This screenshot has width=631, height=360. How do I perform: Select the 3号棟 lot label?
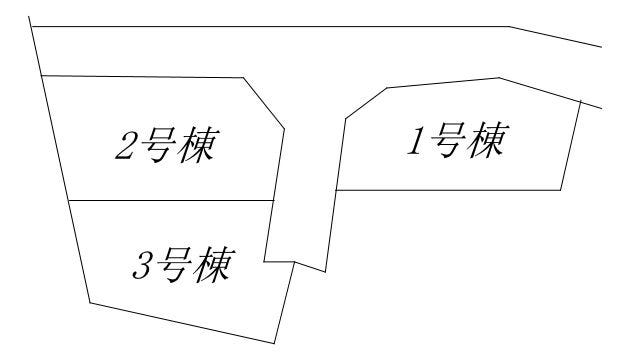pyautogui.click(x=182, y=265)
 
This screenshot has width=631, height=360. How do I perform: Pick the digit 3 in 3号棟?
pyautogui.click(x=141, y=267)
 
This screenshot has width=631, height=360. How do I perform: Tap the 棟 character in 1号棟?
pyautogui.click(x=493, y=140)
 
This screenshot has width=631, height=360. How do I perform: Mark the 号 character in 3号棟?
pyautogui.click(x=180, y=266)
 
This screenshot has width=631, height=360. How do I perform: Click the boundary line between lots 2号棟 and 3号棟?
pyautogui.click(x=170, y=201)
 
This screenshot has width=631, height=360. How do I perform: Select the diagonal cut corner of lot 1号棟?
pyautogui.click(x=365, y=102)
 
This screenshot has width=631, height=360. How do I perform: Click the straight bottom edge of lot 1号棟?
pyautogui.click(x=450, y=190)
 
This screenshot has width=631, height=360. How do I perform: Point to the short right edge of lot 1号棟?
pyautogui.click(x=571, y=145)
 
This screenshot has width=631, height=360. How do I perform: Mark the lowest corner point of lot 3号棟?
pyautogui.click(x=274, y=343)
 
